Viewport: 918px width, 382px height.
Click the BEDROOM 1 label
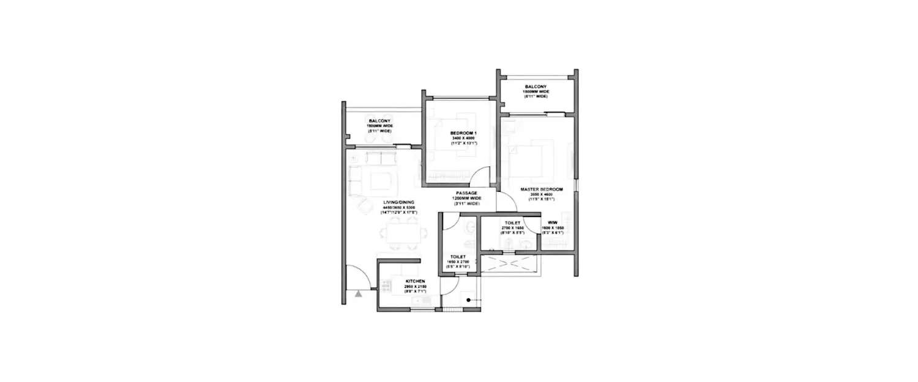[463, 133]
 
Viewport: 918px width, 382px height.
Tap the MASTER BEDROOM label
[542, 189]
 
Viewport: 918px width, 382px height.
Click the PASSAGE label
[466, 193]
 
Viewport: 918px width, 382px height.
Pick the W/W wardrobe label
[552, 222]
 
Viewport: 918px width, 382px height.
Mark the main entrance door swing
[357, 278]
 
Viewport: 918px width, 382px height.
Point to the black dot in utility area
[468, 299]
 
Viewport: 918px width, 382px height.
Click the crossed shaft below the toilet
[509, 263]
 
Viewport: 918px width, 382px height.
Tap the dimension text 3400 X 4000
[463, 138]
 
